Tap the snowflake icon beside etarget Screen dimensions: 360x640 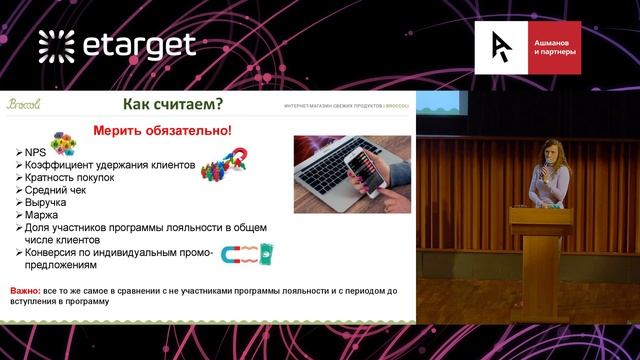tap(56, 45)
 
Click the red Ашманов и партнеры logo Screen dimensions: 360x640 tap(529, 49)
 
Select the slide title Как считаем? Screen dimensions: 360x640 tap(171, 104)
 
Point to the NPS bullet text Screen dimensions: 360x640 tap(36, 151)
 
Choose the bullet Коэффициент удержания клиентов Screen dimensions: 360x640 tap(105, 164)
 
